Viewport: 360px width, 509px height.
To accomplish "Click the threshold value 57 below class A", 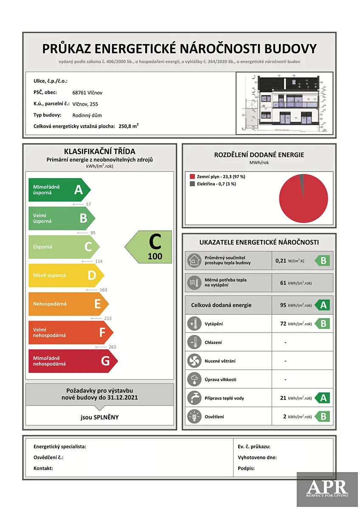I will [88, 204].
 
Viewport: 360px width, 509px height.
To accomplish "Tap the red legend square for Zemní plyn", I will [192, 176].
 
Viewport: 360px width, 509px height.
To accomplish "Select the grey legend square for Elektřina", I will [192, 184].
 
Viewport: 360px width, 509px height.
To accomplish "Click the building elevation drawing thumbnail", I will [284, 103].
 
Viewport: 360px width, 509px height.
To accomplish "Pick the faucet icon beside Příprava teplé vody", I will [194, 398].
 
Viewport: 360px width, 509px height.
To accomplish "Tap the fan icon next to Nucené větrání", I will [194, 361].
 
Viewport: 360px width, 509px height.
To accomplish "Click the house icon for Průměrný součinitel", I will [194, 260].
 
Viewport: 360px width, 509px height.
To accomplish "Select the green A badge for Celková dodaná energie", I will [323, 305].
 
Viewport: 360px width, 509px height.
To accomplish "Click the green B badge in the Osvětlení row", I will [323, 417].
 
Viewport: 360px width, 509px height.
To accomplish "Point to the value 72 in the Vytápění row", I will [283, 324].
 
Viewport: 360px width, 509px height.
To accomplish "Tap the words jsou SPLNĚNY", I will [100, 417].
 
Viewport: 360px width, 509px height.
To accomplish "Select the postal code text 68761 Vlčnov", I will [87, 92].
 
